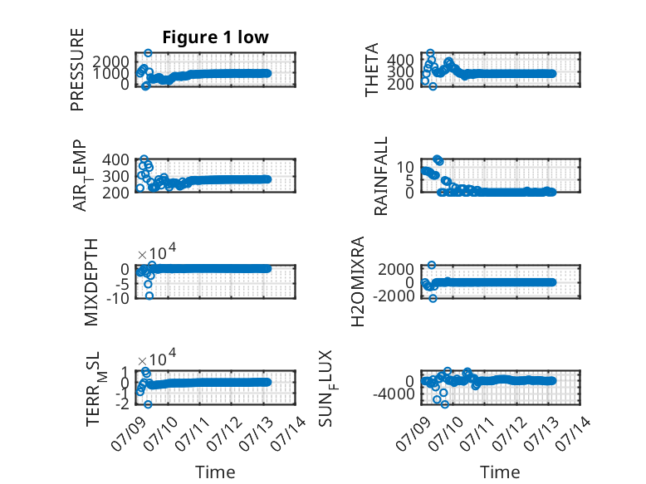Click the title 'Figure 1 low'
[x=215, y=37]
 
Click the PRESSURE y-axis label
[x=77, y=70]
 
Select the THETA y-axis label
[x=372, y=70]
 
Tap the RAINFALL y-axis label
[x=381, y=176]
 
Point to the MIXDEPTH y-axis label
[x=91, y=282]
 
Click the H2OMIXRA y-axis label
[x=358, y=281]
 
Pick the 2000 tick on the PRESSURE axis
[x=110, y=61]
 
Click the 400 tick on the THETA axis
[x=400, y=60]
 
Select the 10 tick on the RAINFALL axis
[x=405, y=167]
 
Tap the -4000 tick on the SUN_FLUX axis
[x=394, y=394]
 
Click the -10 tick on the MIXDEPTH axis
[x=118, y=298]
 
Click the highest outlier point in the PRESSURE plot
[x=148, y=53]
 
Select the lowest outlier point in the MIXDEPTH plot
[x=149, y=296]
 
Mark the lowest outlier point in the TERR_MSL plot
[x=148, y=404]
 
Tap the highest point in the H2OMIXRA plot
[x=431, y=265]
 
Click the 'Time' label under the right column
[x=500, y=472]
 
